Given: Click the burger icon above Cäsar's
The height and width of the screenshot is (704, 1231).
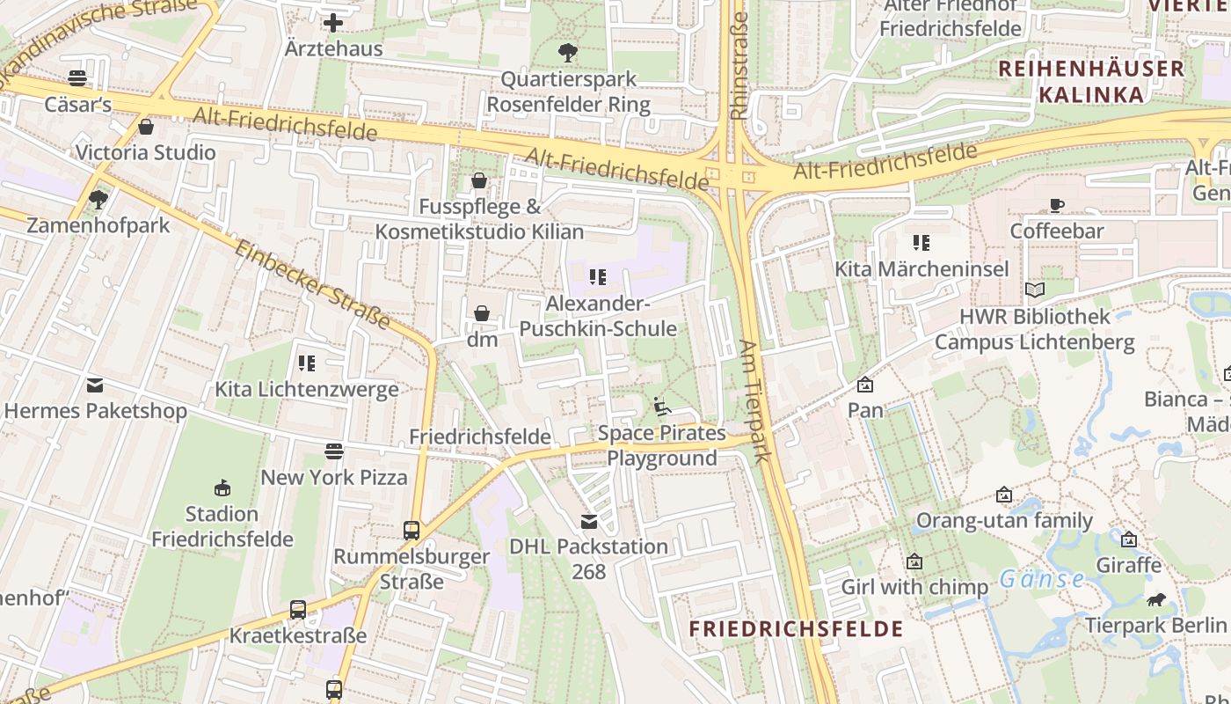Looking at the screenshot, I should (x=77, y=78).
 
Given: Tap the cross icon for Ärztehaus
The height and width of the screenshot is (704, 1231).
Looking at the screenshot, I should (x=333, y=23).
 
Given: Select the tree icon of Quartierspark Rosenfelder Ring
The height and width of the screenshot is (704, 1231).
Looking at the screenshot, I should (x=568, y=52).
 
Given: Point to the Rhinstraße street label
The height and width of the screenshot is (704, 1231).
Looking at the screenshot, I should (x=739, y=65).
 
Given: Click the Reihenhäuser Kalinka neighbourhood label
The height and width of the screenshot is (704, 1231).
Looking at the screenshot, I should (x=1091, y=81).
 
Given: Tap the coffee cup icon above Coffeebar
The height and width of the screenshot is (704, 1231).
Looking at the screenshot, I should (x=1056, y=205).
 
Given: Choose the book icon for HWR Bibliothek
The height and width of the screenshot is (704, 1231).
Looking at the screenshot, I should (x=1035, y=290).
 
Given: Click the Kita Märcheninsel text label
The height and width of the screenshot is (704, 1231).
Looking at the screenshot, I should (x=921, y=268).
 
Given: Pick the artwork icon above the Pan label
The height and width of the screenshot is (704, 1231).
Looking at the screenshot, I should (x=865, y=385).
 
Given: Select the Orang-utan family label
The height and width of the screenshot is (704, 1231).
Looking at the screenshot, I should (x=1004, y=520).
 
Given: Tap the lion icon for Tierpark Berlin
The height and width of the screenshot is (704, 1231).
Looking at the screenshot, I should (x=1155, y=599).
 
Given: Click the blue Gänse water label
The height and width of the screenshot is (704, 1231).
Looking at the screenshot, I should (x=1042, y=579).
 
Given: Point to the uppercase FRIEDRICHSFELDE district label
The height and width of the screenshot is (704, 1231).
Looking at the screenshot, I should (x=796, y=628).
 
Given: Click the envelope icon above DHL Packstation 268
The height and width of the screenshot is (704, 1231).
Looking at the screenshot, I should (x=588, y=521).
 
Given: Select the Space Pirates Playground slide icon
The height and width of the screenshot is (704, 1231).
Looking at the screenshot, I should (x=662, y=407).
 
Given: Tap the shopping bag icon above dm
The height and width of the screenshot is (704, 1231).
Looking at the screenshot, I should (x=482, y=313).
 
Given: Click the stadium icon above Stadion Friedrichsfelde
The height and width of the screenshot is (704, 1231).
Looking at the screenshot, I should (x=222, y=488).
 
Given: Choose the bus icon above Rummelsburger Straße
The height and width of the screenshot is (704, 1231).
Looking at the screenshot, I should (x=411, y=530).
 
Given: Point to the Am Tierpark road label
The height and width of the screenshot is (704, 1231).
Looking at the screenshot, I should (x=754, y=401).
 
